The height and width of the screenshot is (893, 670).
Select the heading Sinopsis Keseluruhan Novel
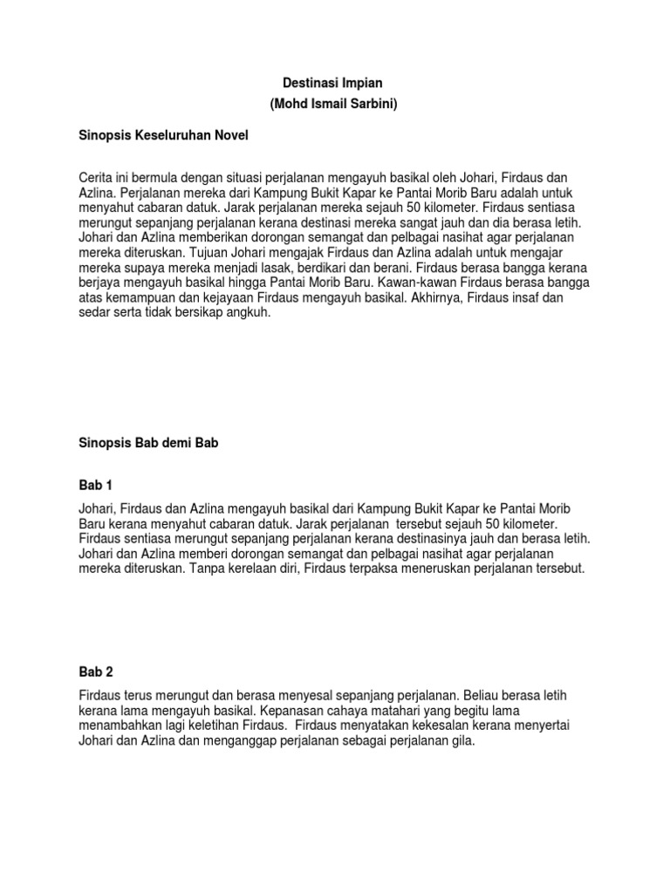(162, 136)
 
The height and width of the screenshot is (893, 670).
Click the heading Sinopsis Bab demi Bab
(147, 443)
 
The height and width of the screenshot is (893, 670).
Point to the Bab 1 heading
(95, 485)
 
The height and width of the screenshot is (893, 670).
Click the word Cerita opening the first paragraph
(97, 178)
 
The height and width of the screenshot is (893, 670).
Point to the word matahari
(368, 712)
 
